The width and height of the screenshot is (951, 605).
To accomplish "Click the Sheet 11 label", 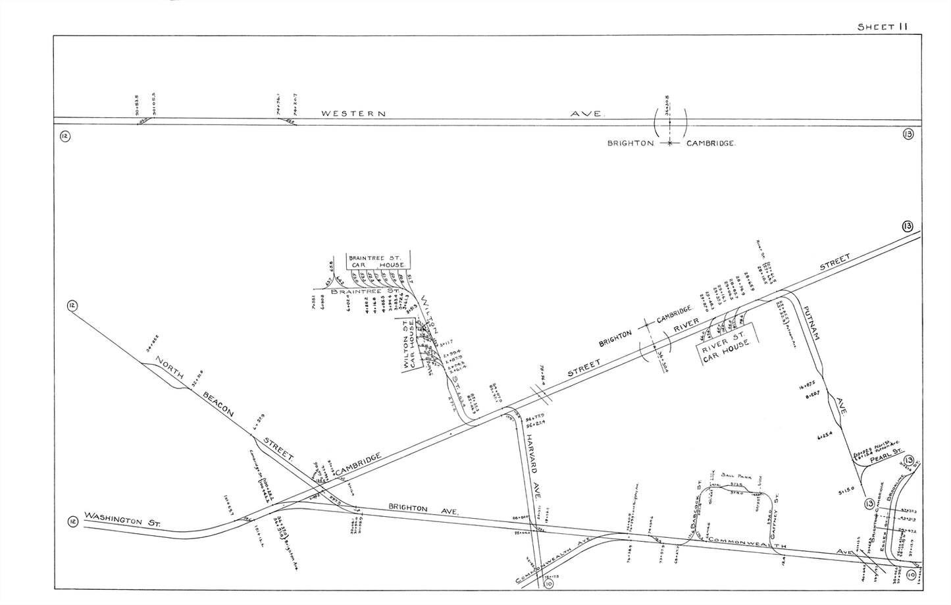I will (881, 26).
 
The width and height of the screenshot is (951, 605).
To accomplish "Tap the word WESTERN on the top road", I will (352, 113).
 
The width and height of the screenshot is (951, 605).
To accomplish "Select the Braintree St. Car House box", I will (378, 261).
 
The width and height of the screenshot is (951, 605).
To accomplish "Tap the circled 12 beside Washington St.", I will (72, 522).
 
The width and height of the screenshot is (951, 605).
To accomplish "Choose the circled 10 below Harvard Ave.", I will (548, 583).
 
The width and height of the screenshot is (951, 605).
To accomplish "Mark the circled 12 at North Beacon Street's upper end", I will (71, 305).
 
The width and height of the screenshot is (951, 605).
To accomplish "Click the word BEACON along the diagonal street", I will (219, 408).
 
